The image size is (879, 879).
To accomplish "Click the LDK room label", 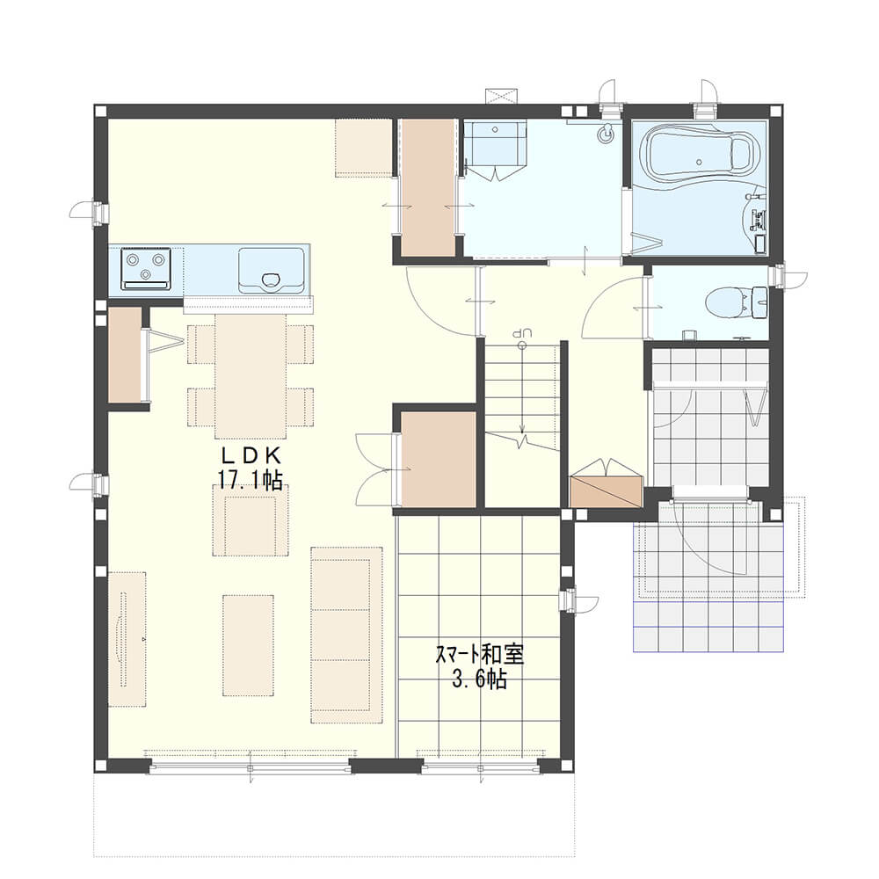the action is tap(249, 454).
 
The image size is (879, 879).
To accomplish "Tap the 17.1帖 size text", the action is tap(250, 481).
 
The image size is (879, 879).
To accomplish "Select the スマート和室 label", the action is tap(480, 655).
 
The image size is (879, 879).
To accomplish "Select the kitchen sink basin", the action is tap(272, 271).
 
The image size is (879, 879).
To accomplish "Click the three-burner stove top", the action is tap(146, 267).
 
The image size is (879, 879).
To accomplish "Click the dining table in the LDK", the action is tap(251, 375).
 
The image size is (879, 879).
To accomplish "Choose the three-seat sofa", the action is tap(347, 636).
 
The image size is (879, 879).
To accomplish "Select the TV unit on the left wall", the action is tap(127, 639).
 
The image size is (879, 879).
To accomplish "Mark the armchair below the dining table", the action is tap(251, 519).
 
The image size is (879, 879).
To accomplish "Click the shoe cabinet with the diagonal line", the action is tap(606, 491).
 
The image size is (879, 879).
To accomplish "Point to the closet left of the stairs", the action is tap(439, 459).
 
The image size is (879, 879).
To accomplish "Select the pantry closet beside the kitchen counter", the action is tap(125, 354).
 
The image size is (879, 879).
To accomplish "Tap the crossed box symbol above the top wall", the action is tap(502, 95).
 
